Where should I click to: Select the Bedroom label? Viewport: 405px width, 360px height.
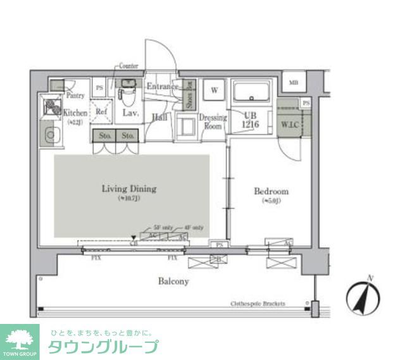(x=271, y=191)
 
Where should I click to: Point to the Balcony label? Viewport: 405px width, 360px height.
(x=173, y=281)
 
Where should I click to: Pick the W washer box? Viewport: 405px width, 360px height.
(x=215, y=90)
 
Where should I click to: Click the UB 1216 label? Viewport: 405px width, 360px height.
(x=250, y=118)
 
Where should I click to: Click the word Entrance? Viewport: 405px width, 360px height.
(x=162, y=87)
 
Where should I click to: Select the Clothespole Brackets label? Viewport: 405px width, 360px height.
(x=258, y=304)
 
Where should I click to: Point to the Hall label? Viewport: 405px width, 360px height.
(x=159, y=116)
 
